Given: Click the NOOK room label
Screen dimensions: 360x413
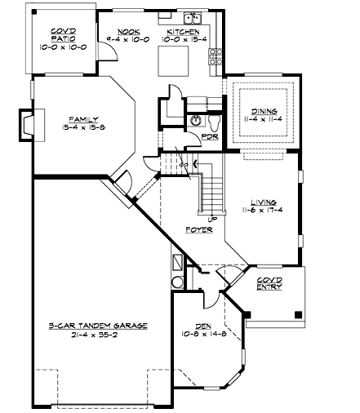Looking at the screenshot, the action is (129, 32).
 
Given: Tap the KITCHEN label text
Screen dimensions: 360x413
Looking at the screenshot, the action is (183, 32).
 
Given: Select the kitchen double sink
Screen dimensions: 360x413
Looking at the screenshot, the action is (193, 18).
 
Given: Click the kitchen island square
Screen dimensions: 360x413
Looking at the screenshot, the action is (174, 61).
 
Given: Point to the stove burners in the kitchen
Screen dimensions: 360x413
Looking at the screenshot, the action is (216, 57).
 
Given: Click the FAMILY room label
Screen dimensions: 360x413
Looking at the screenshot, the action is (83, 119).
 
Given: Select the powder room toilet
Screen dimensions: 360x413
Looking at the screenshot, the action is (215, 122).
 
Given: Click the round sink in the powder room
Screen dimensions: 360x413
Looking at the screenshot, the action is (195, 121).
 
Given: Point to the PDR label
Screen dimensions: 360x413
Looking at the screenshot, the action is (210, 136).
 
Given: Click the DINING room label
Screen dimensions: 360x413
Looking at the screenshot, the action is (264, 111).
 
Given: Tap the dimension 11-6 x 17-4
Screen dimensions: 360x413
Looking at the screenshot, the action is (263, 210).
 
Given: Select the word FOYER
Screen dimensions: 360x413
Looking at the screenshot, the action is (199, 230).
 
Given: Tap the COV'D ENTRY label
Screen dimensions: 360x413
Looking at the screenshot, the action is (269, 283).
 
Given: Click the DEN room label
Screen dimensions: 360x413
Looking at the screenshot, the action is (203, 326).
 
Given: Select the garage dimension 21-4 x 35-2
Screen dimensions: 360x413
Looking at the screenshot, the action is (95, 335).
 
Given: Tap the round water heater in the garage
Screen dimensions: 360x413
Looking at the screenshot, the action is (178, 282).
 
